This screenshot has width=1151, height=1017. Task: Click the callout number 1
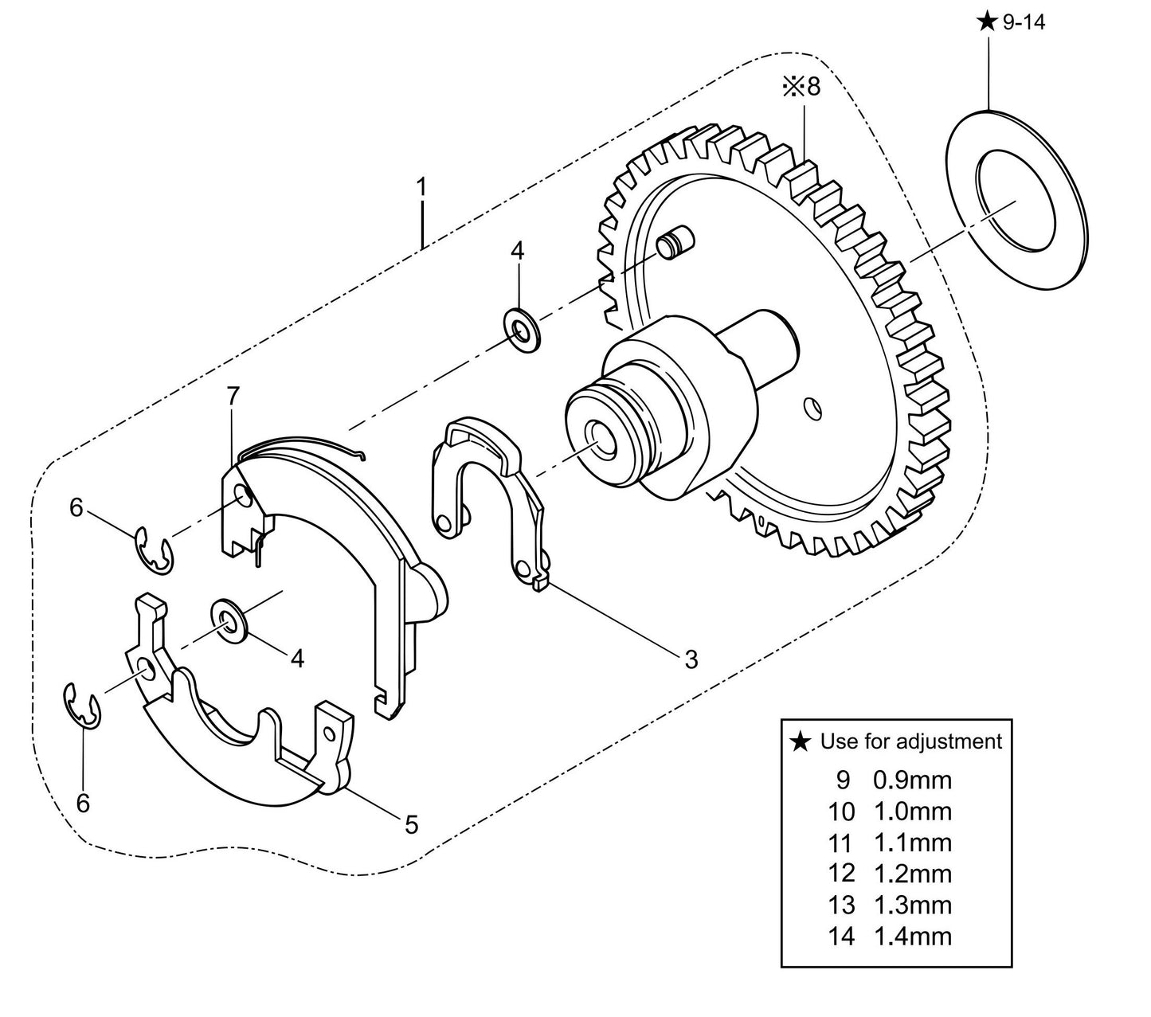coord(421,188)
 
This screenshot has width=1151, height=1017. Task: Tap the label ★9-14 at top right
coord(1011,22)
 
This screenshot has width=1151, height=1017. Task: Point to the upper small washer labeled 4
coord(522,327)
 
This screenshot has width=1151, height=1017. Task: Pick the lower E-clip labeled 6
coord(82,705)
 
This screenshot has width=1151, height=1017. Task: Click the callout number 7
coord(232,396)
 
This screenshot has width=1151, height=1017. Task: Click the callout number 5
coord(411,825)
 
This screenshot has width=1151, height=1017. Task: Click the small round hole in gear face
coord(812,407)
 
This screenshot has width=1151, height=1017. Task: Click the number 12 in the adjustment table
coord(840,874)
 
